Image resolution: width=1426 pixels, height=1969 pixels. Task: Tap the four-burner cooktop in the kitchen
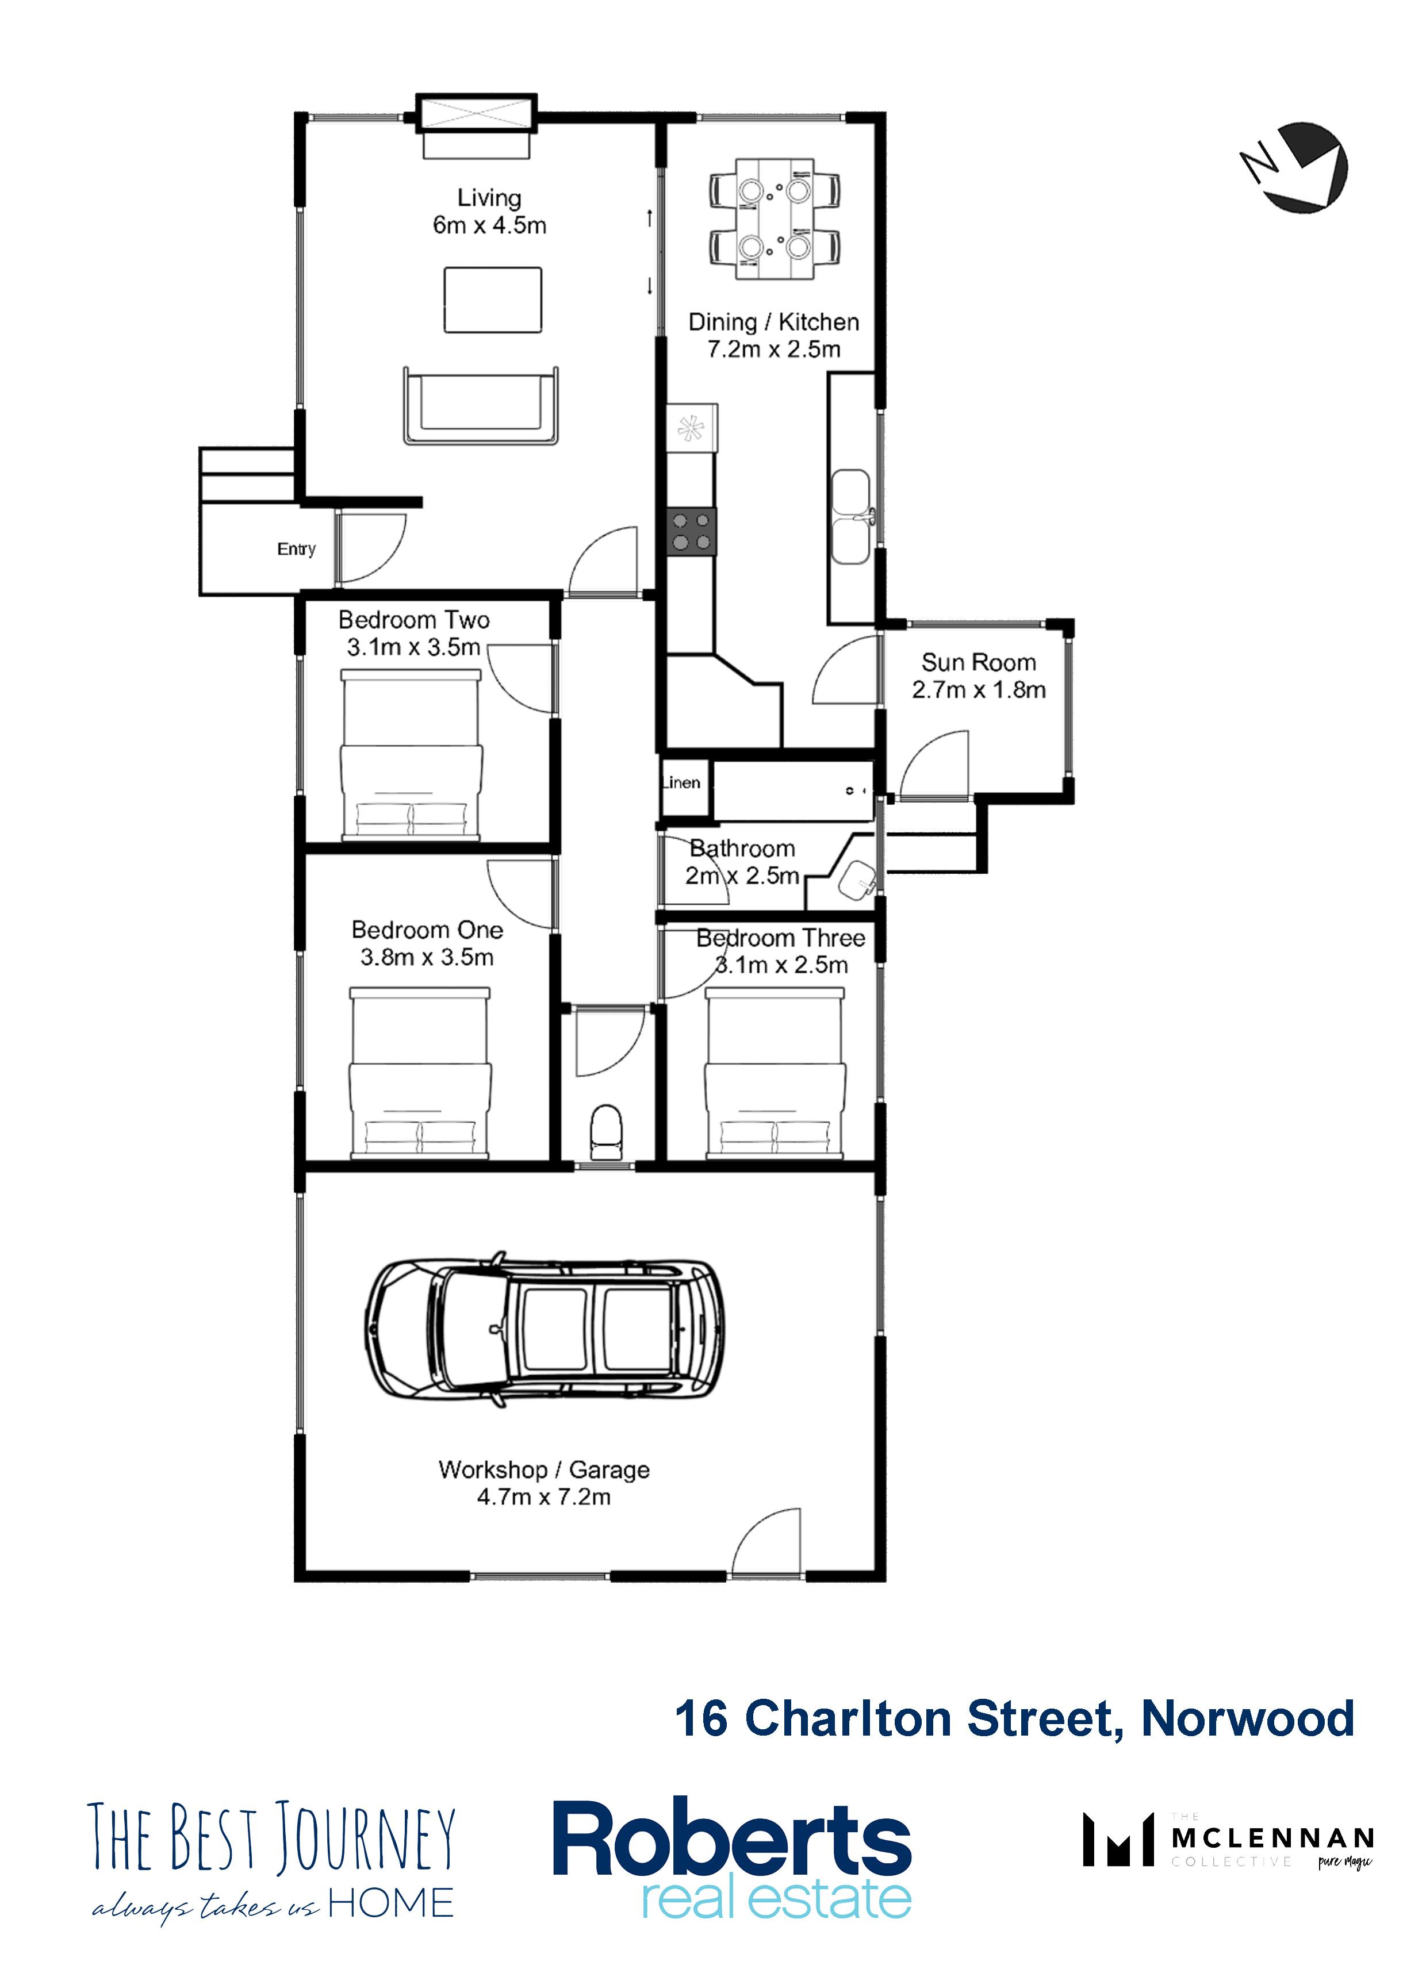click(x=691, y=531)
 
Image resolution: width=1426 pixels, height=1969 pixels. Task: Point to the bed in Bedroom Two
click(x=411, y=754)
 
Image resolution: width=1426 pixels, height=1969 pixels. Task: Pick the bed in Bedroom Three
click(x=775, y=1074)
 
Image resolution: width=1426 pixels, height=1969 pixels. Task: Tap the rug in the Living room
click(x=492, y=300)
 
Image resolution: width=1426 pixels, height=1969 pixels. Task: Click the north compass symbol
click(x=1294, y=166)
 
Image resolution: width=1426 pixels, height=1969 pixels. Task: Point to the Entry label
click(x=296, y=550)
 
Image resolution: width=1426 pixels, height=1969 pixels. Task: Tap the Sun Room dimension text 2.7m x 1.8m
click(x=979, y=690)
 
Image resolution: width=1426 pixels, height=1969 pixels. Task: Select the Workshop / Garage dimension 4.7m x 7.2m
click(x=543, y=1496)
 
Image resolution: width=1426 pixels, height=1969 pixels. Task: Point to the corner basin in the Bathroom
click(x=857, y=878)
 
